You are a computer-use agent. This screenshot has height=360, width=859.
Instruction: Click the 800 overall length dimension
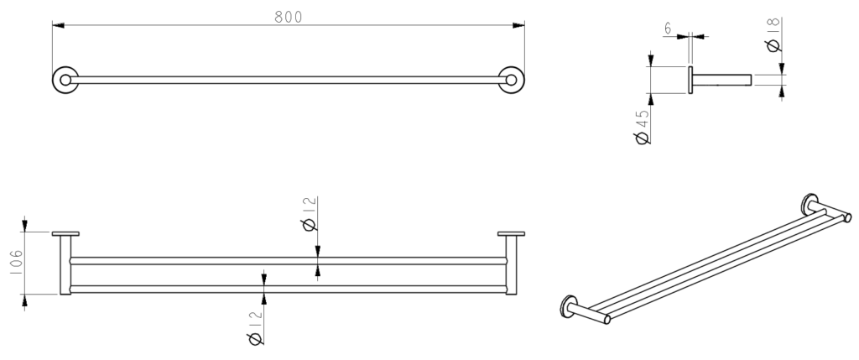click(x=288, y=17)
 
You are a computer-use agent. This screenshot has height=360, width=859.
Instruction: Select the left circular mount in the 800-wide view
click(x=65, y=81)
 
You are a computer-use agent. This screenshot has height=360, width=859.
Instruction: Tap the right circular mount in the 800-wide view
click(x=511, y=81)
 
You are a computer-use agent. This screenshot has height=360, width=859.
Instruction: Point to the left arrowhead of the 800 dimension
click(x=57, y=26)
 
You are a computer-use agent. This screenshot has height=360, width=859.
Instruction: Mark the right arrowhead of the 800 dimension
click(x=519, y=26)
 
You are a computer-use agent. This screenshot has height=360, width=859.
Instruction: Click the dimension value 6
click(x=668, y=29)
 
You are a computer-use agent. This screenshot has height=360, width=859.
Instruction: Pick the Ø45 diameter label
click(x=643, y=126)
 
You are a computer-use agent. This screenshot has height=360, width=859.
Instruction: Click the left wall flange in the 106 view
click(x=65, y=234)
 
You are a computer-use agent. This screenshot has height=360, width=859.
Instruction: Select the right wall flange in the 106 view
click(x=511, y=234)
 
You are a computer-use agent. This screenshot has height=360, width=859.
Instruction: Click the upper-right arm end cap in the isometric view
click(x=847, y=218)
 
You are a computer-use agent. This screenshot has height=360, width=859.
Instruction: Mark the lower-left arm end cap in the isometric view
click(x=606, y=318)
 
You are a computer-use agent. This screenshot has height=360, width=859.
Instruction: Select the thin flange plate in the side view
click(x=691, y=81)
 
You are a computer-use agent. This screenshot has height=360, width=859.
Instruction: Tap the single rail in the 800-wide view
click(x=288, y=81)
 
